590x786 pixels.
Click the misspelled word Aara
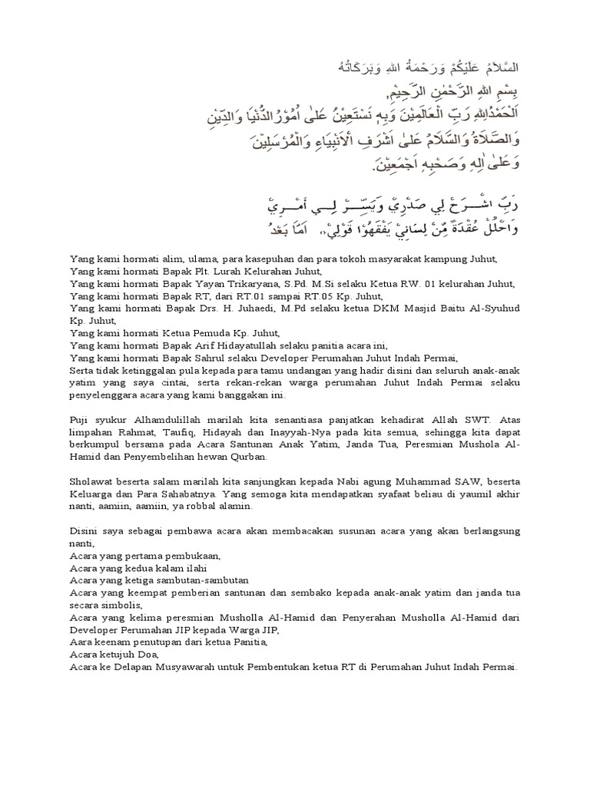point(81,642)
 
